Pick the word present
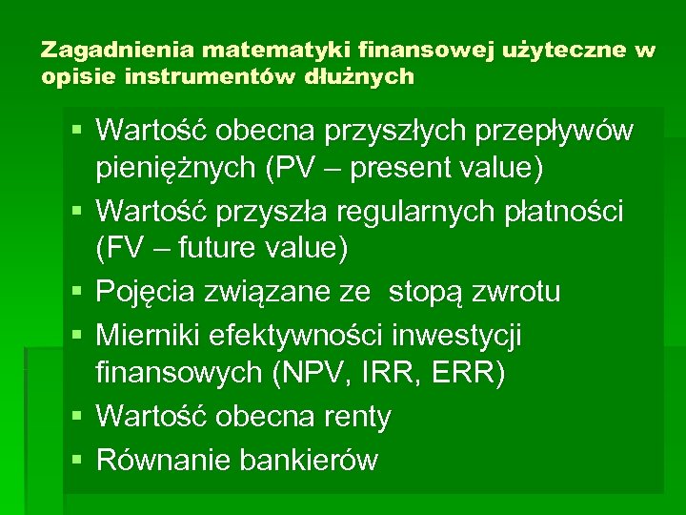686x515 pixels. (x=409, y=170)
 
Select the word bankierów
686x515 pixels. (x=309, y=460)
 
